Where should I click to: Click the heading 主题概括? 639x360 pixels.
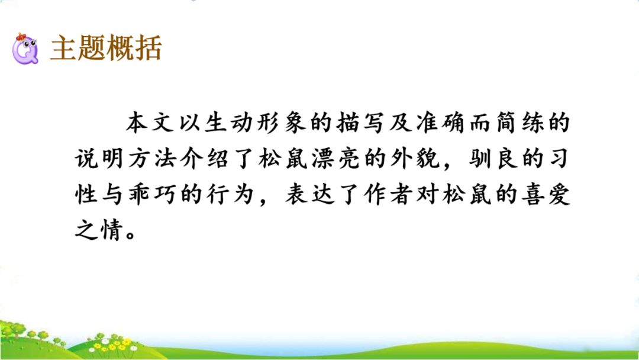pos(106,48)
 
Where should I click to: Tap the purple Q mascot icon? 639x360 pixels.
pos(25,50)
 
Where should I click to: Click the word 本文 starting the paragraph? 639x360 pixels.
pos(150,124)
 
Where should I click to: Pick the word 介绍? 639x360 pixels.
pos(211,160)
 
